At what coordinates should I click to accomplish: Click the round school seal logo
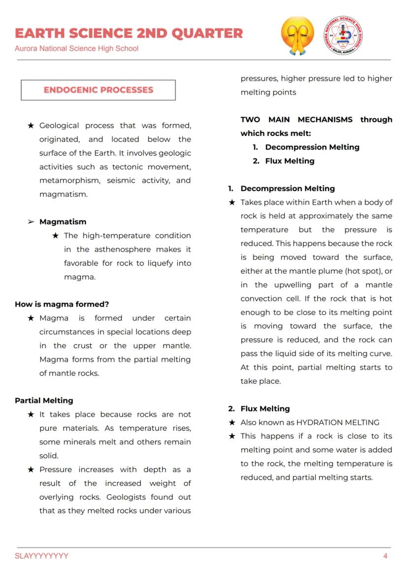click(343, 35)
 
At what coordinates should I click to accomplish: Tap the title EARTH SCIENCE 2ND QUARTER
click(129, 33)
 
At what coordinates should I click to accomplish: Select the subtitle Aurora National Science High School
click(76, 48)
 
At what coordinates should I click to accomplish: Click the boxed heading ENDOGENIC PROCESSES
click(98, 90)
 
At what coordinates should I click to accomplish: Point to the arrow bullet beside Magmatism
click(31, 222)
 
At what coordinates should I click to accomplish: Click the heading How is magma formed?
click(62, 304)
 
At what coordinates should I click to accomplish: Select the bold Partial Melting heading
click(44, 401)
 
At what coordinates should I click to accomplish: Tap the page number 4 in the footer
click(385, 556)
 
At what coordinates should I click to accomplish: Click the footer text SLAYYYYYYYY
click(42, 556)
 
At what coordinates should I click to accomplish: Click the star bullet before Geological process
click(31, 126)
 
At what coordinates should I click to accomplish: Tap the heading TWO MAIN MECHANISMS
click(297, 119)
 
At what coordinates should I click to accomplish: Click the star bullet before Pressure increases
click(31, 470)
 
